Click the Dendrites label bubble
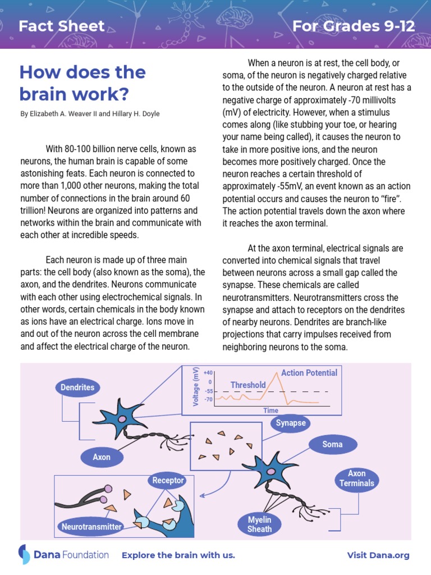[77, 387]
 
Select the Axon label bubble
[102, 457]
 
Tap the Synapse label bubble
[291, 423]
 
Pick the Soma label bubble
[332, 445]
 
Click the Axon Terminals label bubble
[356, 478]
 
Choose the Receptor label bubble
[168, 481]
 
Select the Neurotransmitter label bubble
[91, 527]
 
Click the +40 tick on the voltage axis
[208, 373]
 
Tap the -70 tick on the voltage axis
[208, 400]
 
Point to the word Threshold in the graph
[248, 385]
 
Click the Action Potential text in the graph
[309, 373]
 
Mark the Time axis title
[271, 410]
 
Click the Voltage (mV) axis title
[196, 387]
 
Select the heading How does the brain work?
[82, 82]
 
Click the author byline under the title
[90, 114]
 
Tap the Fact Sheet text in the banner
[62, 26]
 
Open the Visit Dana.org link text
[378, 555]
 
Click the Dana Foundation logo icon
[25, 554]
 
